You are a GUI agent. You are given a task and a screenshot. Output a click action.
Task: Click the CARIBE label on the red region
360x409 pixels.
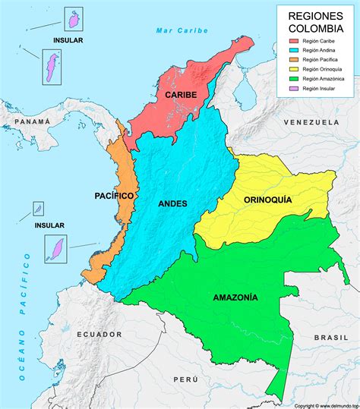tap(180, 95)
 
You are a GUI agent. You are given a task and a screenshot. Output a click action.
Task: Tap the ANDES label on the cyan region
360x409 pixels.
tap(172, 203)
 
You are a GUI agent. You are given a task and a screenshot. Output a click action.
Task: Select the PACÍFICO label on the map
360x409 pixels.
tap(115, 196)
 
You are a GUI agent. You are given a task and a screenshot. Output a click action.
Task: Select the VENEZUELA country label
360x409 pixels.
tap(311, 122)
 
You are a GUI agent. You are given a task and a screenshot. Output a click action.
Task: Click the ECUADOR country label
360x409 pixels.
tap(99, 334)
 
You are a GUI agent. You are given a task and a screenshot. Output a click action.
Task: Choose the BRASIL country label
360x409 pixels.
tap(332, 336)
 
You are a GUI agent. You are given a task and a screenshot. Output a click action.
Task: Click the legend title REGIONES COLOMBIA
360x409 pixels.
tap(314, 22)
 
